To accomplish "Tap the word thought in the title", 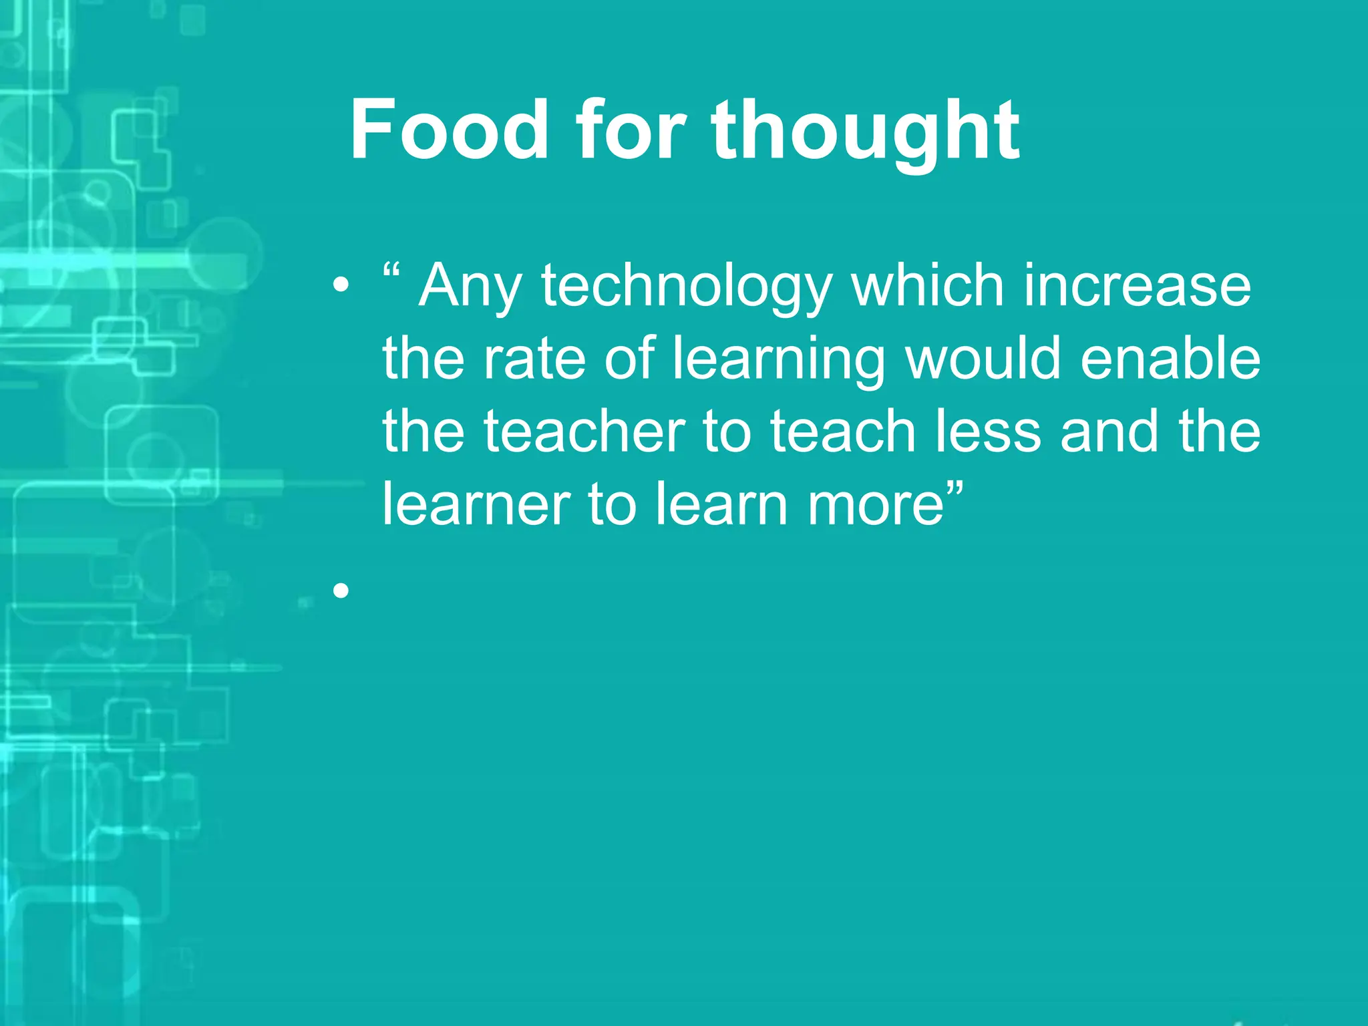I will pyautogui.click(x=865, y=132).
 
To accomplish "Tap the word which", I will pyautogui.click(x=928, y=286).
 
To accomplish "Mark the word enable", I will pyautogui.click(x=1170, y=358).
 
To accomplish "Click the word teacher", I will pyautogui.click(x=584, y=432).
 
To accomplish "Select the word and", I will pyautogui.click(x=1109, y=432).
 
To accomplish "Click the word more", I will pyautogui.click(x=876, y=505).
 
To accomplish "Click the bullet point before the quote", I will pyautogui.click(x=341, y=286).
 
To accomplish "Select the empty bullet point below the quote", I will pyautogui.click(x=341, y=590).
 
